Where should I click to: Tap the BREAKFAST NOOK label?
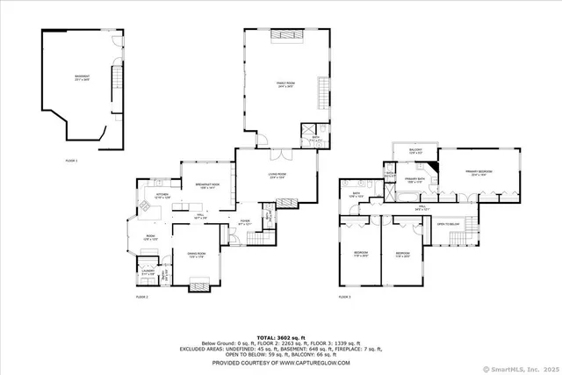click(206, 185)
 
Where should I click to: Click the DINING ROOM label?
click(197, 256)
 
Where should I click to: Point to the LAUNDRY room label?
click(148, 273)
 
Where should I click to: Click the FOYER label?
click(245, 223)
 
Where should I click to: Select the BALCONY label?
click(416, 151)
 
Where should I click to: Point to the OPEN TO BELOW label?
click(449, 225)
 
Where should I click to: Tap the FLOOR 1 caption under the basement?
click(71, 161)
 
